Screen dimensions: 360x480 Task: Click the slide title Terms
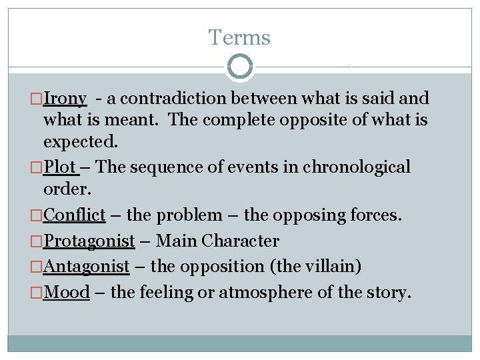point(239,37)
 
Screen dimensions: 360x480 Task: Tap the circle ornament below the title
point(240,67)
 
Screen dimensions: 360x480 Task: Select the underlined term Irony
point(65,99)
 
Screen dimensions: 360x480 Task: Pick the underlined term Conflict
point(74,215)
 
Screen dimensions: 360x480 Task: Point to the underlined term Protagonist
point(89,241)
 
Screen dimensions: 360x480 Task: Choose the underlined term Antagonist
point(86,267)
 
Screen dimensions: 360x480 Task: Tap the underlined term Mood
point(66,292)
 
